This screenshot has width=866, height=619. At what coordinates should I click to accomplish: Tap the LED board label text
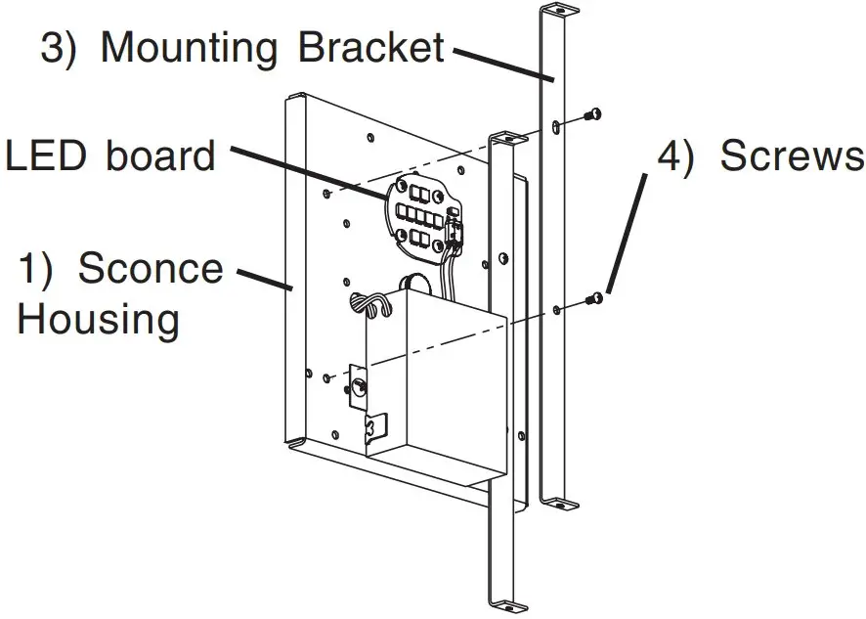(x=109, y=155)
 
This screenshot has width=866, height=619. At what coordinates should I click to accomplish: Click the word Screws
(x=759, y=155)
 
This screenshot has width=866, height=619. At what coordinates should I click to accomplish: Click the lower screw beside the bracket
(x=592, y=297)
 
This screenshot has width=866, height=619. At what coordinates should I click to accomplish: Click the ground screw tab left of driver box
(x=360, y=387)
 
